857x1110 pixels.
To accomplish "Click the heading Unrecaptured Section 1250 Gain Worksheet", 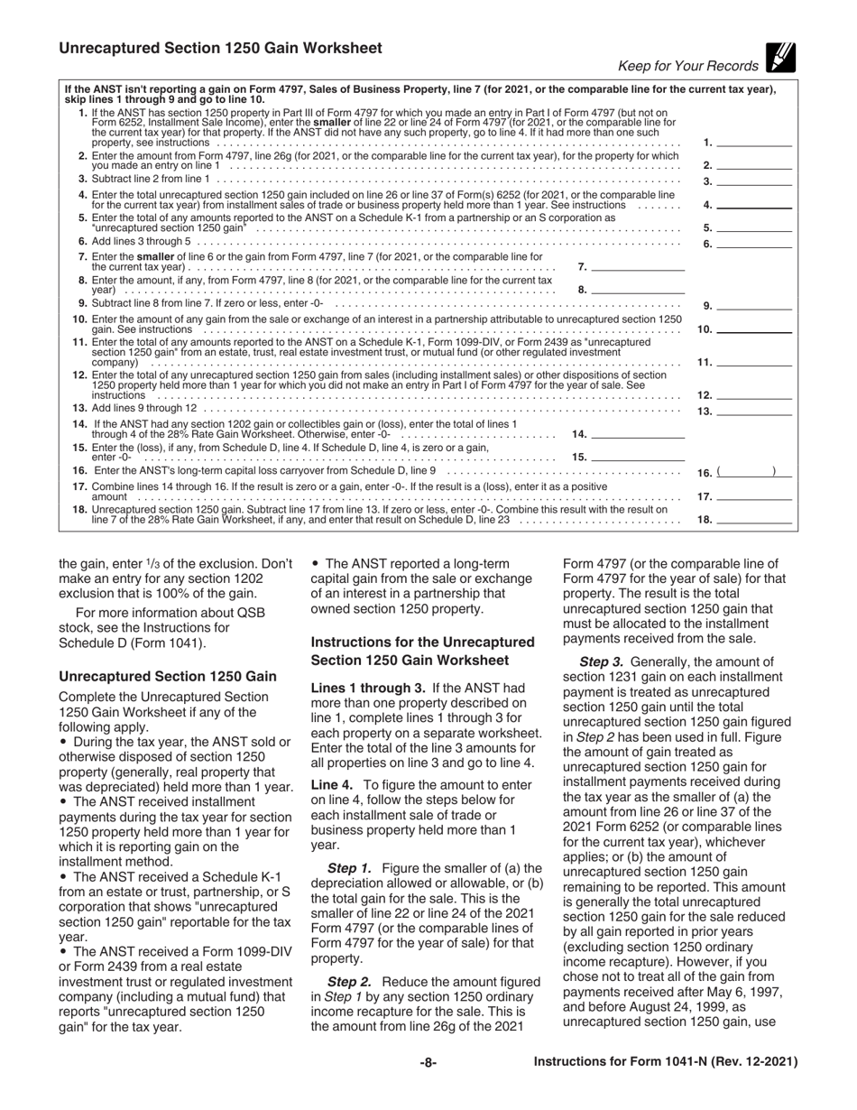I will pos(220,48).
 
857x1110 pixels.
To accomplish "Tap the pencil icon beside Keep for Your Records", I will pos(778,59).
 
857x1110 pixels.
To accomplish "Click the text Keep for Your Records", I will pos(687,66).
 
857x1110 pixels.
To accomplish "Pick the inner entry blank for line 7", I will pos(645,267).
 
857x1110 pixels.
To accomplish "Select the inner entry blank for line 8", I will pos(645,290).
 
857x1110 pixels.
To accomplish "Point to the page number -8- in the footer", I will pos(428,1062).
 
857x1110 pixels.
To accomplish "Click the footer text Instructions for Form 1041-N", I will pos(666,1062).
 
